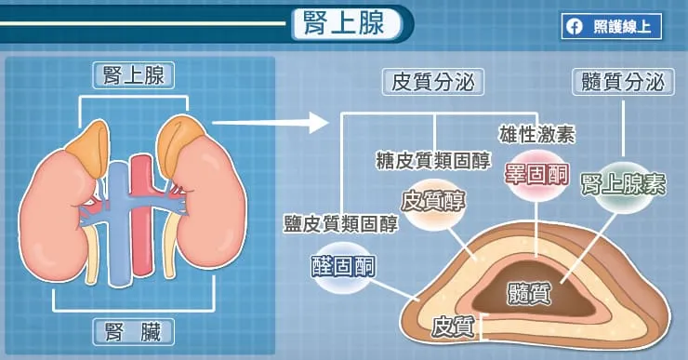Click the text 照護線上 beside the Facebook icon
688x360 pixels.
624,27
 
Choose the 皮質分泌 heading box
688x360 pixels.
434,82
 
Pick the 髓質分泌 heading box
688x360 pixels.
621,82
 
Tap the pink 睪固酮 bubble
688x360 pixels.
536,173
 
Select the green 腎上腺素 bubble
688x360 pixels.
622,183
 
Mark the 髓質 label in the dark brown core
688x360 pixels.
529,294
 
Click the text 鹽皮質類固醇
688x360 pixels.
341,223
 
